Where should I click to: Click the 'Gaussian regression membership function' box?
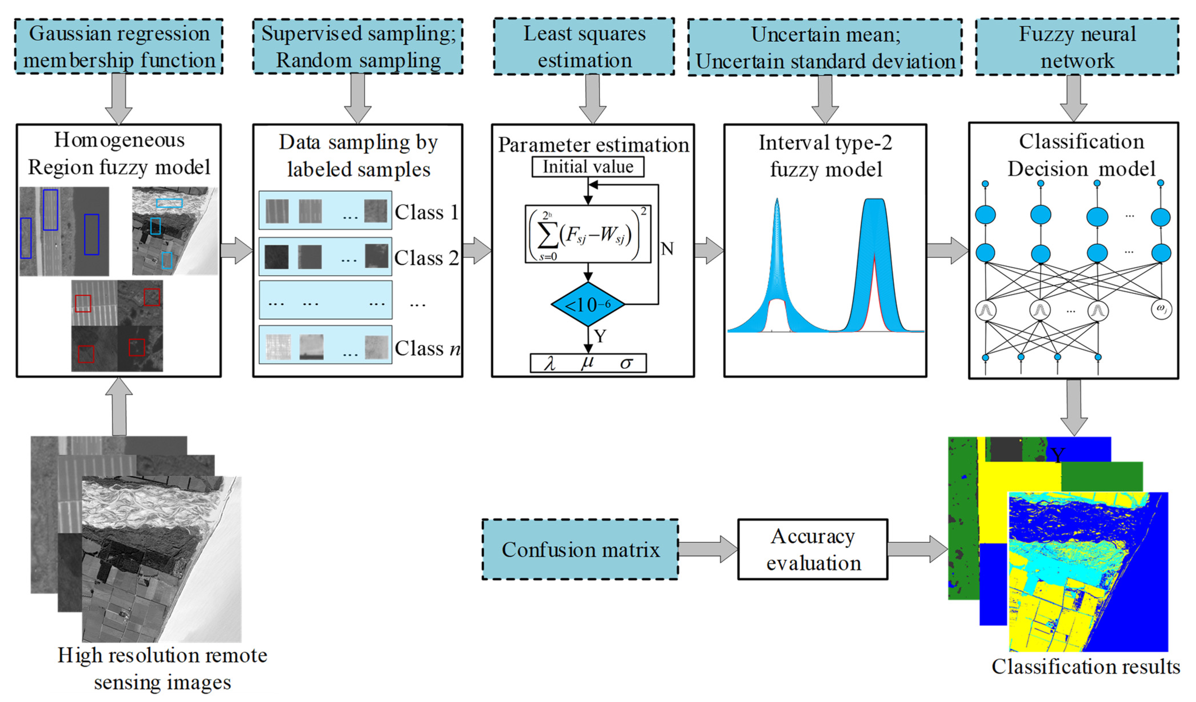(119, 46)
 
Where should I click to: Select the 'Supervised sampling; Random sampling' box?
(358, 46)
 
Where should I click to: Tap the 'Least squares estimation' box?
(584, 46)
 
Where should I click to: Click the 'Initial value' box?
(588, 167)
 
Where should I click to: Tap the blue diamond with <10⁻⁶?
(588, 304)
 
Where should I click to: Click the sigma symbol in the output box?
(626, 363)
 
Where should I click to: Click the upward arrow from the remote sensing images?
(119, 406)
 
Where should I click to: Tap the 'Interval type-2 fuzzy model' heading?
(825, 156)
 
